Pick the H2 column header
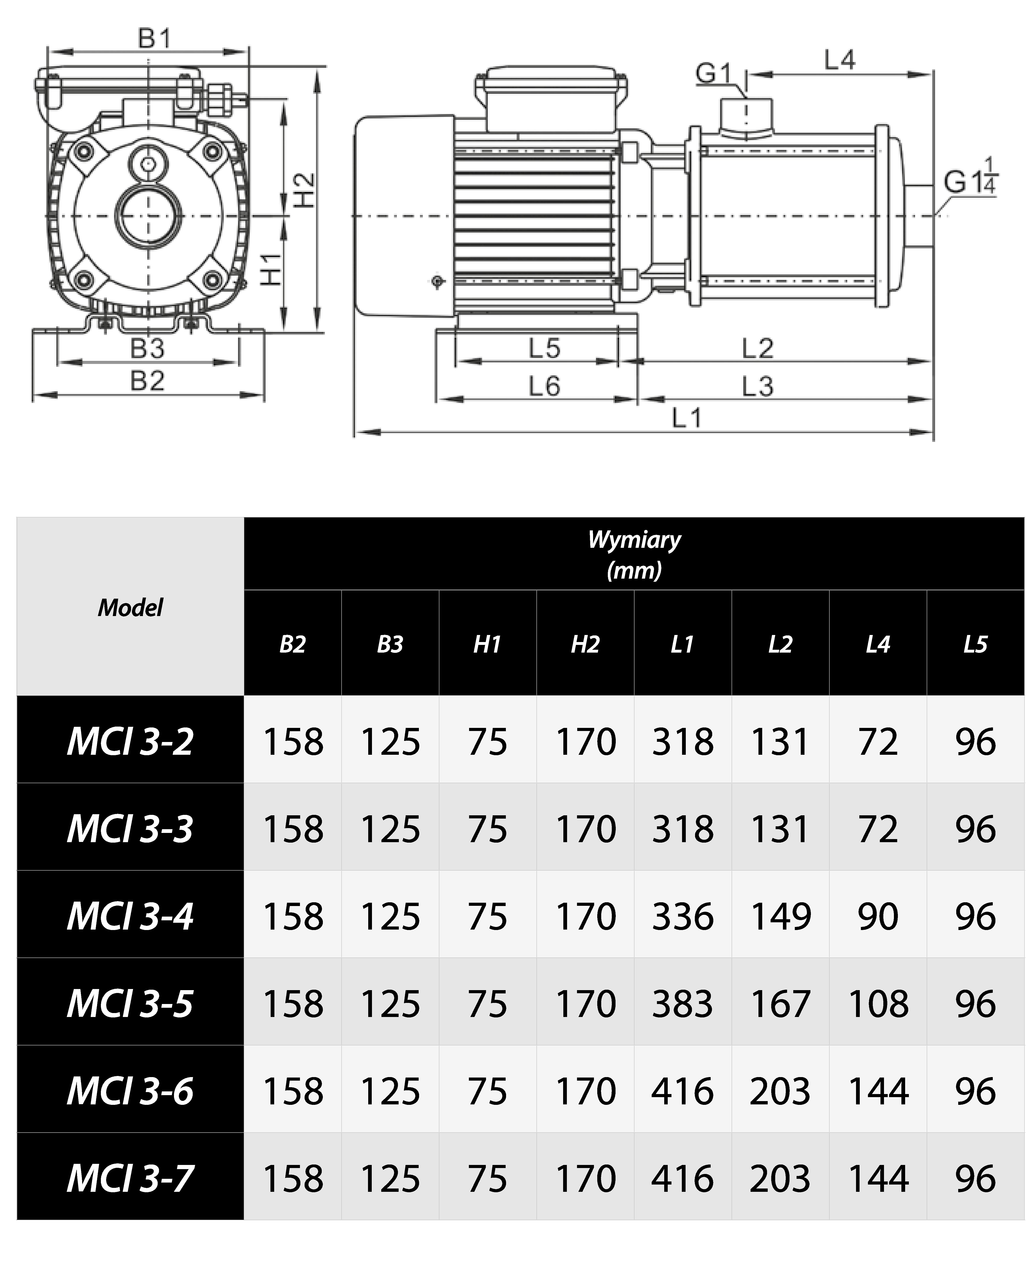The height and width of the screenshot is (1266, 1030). [585, 644]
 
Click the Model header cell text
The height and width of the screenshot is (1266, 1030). [130, 607]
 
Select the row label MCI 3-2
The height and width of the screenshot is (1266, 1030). [130, 742]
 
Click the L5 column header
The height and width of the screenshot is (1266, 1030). [975, 644]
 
